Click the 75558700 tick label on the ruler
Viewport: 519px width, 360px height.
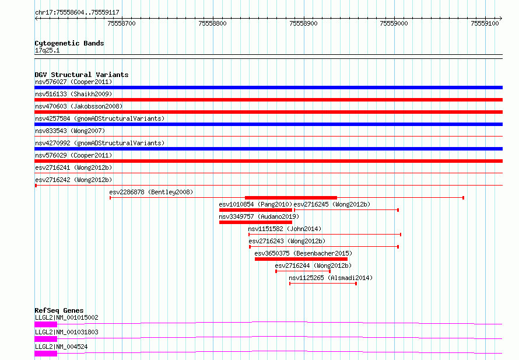(x=121, y=23)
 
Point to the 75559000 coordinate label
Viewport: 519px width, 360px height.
(x=394, y=23)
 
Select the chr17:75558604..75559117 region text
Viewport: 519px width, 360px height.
(x=77, y=13)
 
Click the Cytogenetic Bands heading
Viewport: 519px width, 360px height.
(x=69, y=43)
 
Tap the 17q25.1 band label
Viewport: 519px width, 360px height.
(x=47, y=50)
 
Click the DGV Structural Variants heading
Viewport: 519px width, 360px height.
(x=82, y=75)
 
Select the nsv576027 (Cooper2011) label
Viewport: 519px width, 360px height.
(x=73, y=82)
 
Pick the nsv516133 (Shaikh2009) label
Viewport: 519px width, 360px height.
(x=73, y=94)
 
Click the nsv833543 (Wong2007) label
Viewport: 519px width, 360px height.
(x=70, y=131)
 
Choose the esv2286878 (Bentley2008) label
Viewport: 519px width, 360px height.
(x=151, y=192)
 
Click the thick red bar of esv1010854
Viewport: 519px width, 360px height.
(x=255, y=210)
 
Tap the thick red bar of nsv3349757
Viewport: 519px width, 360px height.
(x=255, y=222)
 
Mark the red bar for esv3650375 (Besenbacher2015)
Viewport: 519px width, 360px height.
(x=301, y=259)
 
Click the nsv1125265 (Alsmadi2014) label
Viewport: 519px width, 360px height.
(x=331, y=278)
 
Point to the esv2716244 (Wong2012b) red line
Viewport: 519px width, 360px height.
(x=303, y=271)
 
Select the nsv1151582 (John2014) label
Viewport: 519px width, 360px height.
(x=285, y=229)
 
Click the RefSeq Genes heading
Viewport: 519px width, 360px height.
(x=59, y=310)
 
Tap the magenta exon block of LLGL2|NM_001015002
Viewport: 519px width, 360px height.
(x=45, y=324)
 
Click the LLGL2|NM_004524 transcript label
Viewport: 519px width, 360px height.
(x=61, y=347)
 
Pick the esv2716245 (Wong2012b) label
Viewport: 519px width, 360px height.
(x=332, y=204)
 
